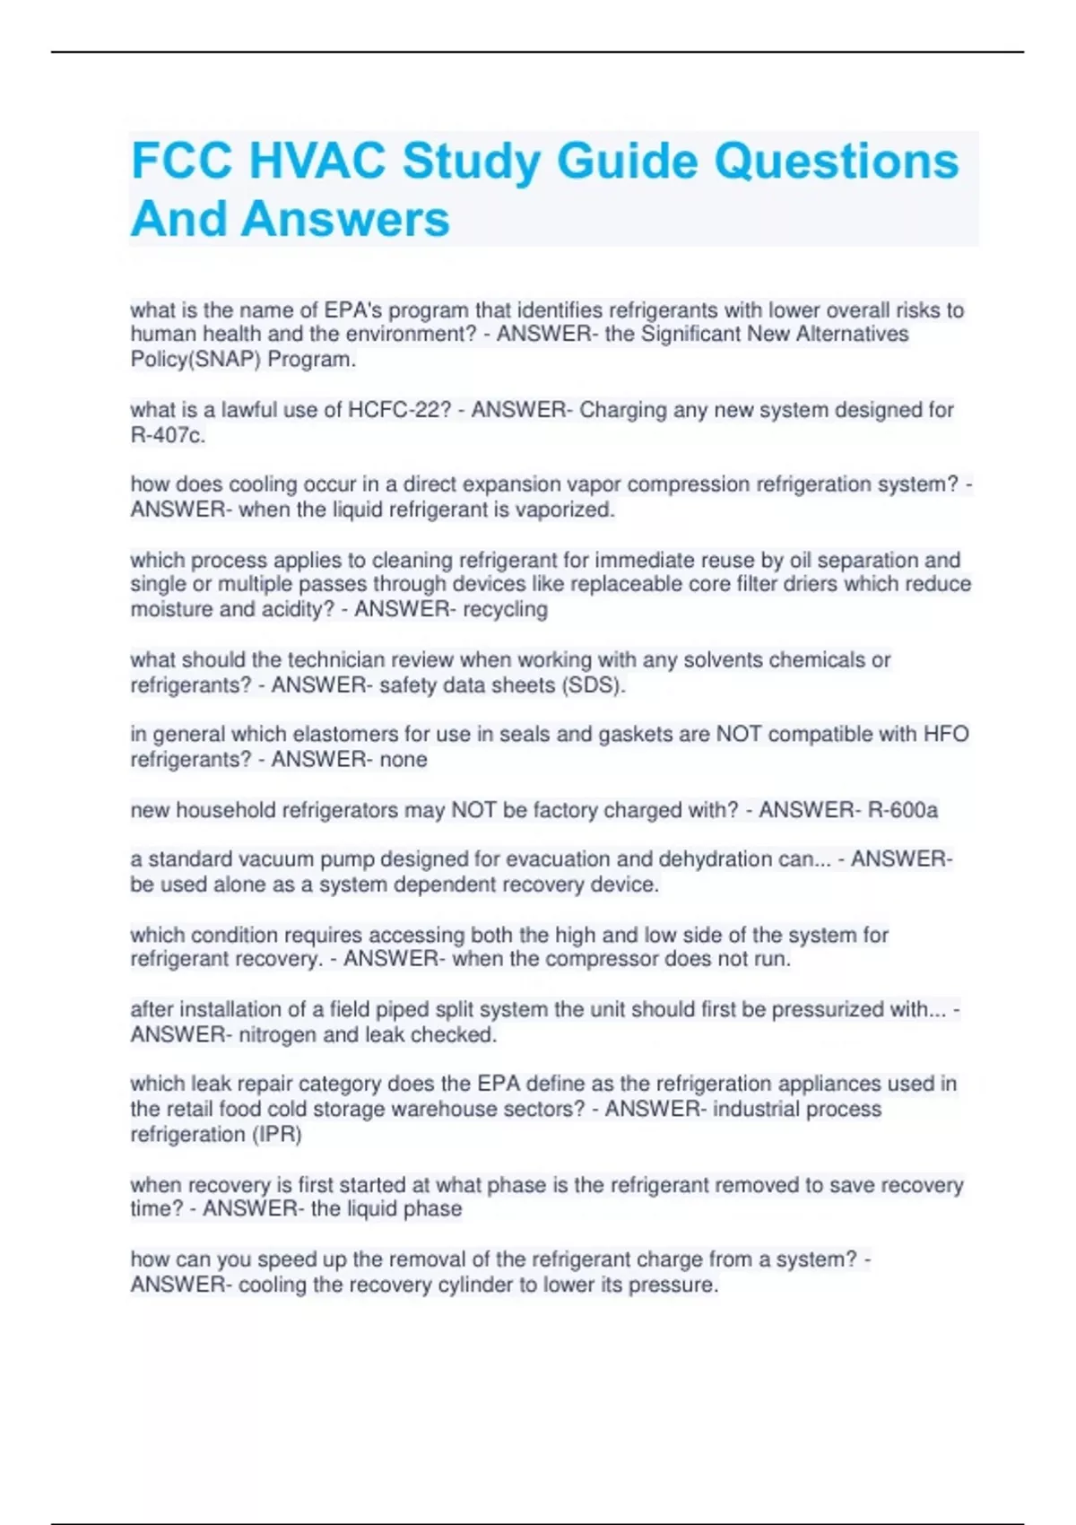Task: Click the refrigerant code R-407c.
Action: click(168, 436)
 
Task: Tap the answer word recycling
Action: click(505, 610)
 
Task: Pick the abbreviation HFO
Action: click(946, 735)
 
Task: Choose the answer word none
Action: click(403, 760)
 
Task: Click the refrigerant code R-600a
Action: click(902, 810)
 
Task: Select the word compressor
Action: click(603, 960)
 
